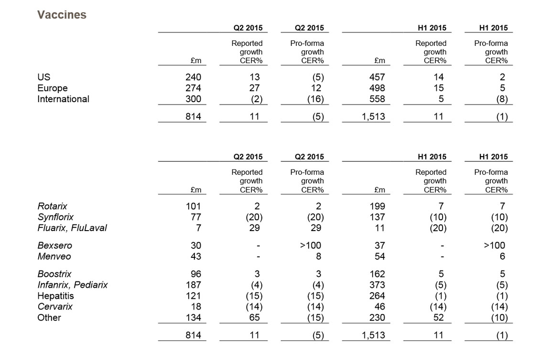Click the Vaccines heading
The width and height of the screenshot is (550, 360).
click(x=62, y=15)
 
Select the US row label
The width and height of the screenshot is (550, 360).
click(x=43, y=77)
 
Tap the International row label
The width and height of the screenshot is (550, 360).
click(x=63, y=99)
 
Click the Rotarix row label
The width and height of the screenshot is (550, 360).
click(x=53, y=206)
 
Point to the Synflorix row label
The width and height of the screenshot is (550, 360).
click(x=55, y=217)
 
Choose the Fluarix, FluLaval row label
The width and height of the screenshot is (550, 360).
click(x=72, y=228)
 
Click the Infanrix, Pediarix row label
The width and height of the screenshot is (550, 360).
click(x=73, y=285)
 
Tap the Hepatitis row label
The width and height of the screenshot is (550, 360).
click(x=55, y=296)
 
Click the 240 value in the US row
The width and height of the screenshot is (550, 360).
click(x=193, y=77)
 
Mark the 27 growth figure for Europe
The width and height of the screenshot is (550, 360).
click(x=255, y=88)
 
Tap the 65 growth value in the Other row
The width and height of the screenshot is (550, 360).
click(x=255, y=318)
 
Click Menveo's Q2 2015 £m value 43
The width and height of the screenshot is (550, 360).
click(x=196, y=256)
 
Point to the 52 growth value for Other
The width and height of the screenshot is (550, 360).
click(x=439, y=318)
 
